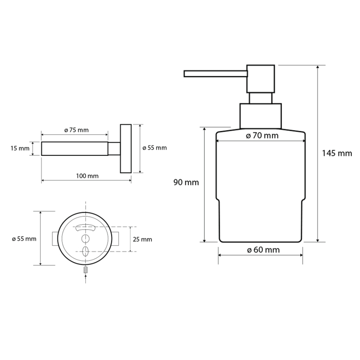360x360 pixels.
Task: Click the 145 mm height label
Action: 337,153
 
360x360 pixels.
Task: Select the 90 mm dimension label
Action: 186,183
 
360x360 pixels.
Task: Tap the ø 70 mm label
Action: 262,136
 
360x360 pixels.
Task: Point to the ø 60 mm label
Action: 263,250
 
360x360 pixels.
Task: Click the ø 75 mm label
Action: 77,130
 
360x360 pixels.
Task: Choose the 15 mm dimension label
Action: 20,148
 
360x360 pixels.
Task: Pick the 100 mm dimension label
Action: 87,176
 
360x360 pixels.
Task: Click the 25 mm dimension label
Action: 142,240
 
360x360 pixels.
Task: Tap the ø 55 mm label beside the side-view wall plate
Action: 154,148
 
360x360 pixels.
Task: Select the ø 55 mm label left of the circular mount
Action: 24,239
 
